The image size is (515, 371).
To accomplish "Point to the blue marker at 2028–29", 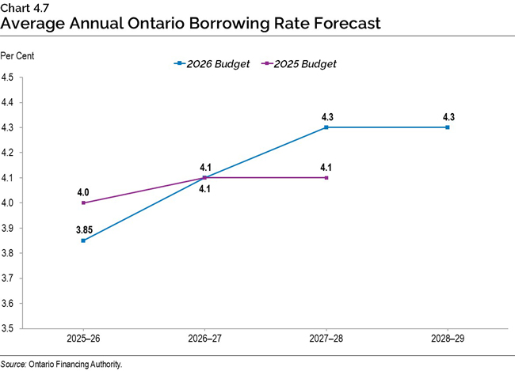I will (448, 127).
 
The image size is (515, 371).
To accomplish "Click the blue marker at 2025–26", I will (83, 240).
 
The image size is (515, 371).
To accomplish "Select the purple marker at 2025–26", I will (83, 203).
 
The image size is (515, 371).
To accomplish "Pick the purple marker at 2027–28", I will (326, 177).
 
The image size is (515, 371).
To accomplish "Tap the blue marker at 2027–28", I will (326, 127).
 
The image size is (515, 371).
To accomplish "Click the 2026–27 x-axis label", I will (204, 338).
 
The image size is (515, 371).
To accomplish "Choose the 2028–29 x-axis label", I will (448, 338).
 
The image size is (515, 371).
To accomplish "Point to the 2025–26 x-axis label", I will (83, 338).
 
